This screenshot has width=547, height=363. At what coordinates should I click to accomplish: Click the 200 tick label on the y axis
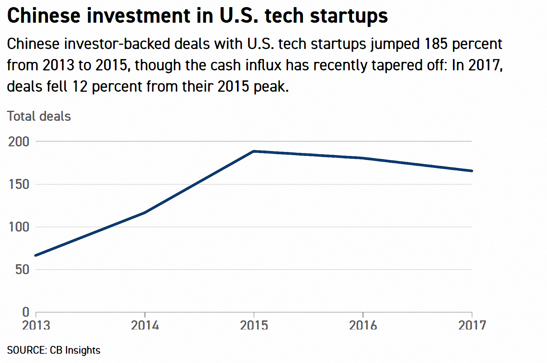pos(19,142)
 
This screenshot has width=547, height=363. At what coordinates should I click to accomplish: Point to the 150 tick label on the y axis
pos(19,185)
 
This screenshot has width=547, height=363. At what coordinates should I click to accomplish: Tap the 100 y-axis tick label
pos(19,227)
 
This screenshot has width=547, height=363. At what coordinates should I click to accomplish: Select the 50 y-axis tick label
pos(22,270)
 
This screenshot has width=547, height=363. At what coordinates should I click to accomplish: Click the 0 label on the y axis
pos(26,312)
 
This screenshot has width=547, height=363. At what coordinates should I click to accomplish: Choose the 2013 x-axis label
pos(36,326)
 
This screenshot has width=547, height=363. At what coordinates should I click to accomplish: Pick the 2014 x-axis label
pos(145,326)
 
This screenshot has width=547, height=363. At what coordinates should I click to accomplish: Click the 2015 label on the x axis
pos(254,326)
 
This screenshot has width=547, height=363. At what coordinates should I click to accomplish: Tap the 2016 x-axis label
pos(363,326)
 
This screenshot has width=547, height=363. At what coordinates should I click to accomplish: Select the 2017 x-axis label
pos(472,326)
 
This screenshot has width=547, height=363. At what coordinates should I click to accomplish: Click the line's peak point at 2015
pos(254,151)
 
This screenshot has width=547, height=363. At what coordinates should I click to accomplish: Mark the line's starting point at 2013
pos(36,255)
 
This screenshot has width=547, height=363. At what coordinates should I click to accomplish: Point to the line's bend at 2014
pos(145,212)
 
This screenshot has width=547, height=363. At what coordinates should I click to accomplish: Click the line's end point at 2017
pos(472,171)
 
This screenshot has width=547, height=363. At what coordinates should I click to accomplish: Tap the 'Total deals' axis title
pos(39,116)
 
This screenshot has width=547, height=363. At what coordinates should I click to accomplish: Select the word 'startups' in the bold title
pos(349,16)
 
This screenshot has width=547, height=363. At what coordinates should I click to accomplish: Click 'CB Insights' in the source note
pos(75,350)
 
